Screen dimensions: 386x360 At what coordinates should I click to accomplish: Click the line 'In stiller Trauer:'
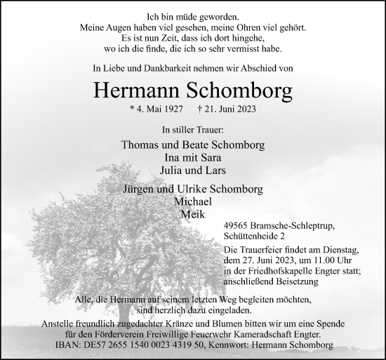(192, 130)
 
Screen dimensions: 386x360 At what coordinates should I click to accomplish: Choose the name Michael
(193, 201)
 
